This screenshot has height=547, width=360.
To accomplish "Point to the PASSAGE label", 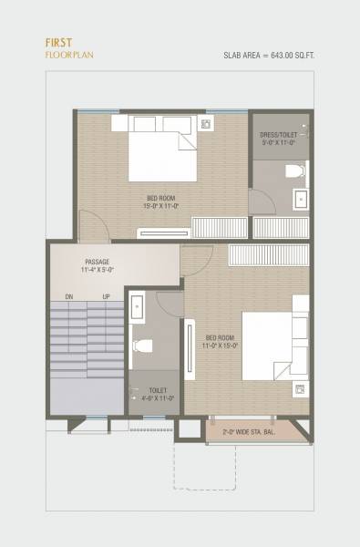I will (x=97, y=261).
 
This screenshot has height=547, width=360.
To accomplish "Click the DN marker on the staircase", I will (x=68, y=297).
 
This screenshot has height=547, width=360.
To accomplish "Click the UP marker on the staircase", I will (x=106, y=297).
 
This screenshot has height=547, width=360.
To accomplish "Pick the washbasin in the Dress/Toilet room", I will (x=300, y=198).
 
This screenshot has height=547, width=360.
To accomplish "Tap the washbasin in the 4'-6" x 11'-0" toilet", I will (x=137, y=309).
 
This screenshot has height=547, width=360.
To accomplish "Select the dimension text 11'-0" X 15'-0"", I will (x=221, y=346).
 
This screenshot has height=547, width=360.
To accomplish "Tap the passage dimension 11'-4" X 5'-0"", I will (x=97, y=270).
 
